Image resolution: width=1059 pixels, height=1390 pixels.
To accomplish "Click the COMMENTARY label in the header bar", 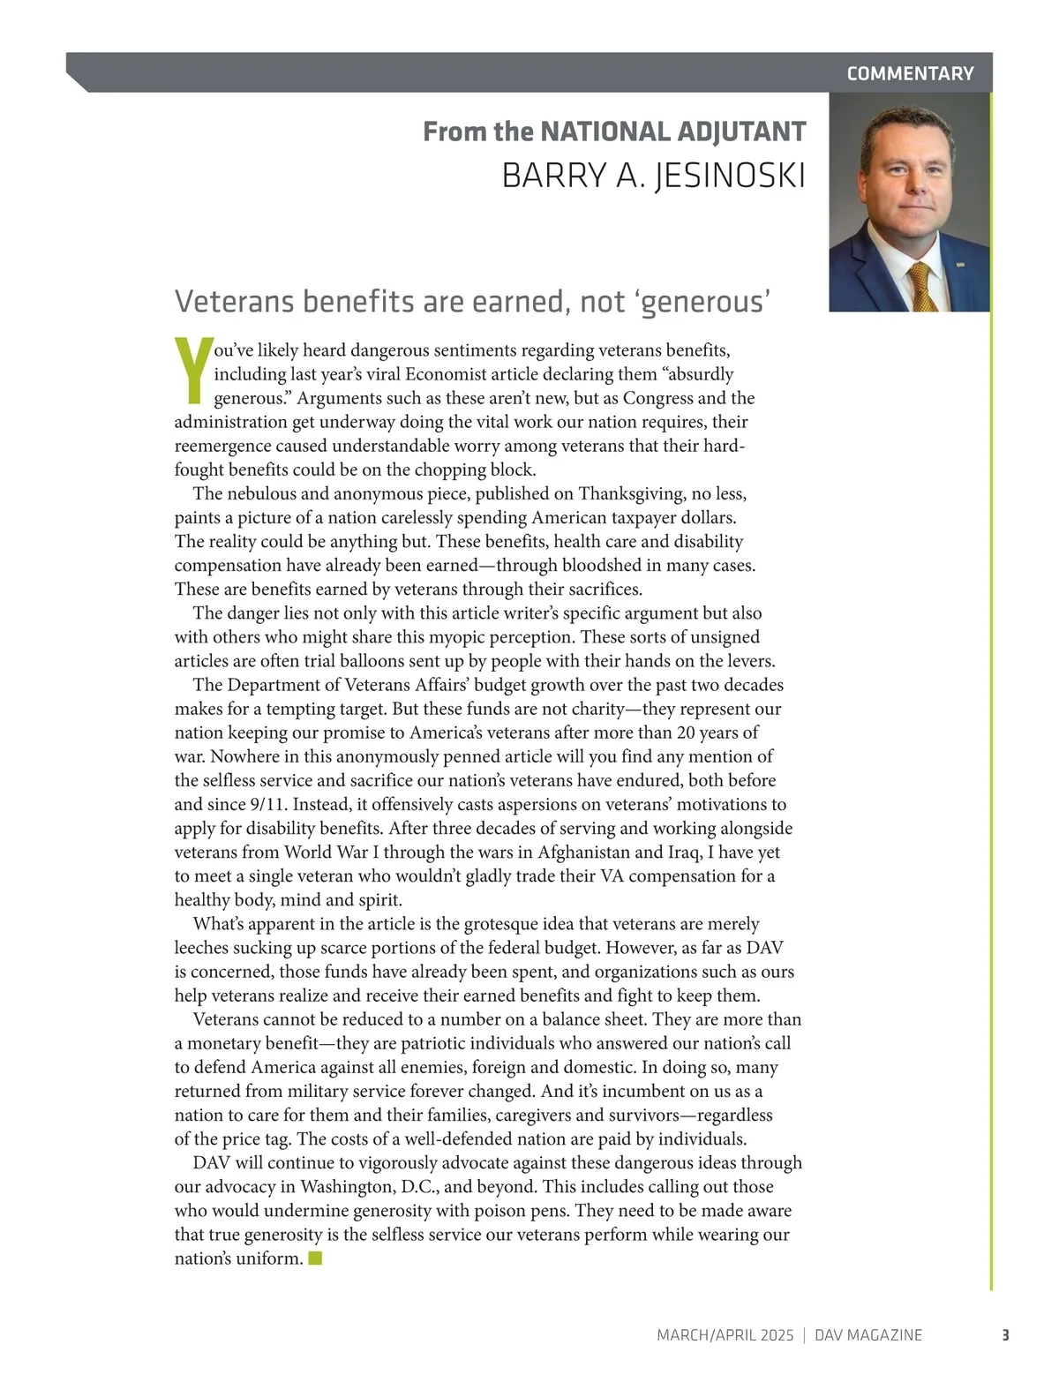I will pyautogui.click(x=910, y=73).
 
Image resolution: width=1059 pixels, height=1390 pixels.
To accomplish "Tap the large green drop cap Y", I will pyautogui.click(x=192, y=369).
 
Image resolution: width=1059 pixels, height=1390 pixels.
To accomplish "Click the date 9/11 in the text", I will pyautogui.click(x=267, y=804).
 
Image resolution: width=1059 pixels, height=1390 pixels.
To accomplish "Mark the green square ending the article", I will pyautogui.click(x=315, y=1258).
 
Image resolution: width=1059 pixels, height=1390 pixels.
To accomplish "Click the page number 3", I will pyautogui.click(x=1004, y=1335).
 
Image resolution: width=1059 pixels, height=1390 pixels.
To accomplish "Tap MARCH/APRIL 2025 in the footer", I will pyautogui.click(x=725, y=1335).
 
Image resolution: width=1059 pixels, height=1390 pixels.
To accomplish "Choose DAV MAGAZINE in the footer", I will pyautogui.click(x=867, y=1335).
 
